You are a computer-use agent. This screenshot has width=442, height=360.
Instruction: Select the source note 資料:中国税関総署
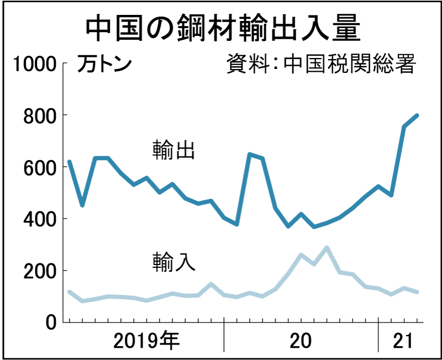click(x=320, y=64)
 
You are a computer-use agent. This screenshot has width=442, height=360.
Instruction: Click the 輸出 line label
click(x=173, y=150)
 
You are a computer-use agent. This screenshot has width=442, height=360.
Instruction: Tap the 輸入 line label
click(x=173, y=261)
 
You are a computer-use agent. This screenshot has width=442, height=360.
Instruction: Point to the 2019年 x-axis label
click(x=146, y=342)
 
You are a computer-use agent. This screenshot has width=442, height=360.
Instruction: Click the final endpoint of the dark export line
click(x=417, y=115)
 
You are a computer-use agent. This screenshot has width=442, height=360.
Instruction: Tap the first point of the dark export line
click(x=69, y=162)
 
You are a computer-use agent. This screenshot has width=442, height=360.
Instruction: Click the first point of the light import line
click(x=69, y=292)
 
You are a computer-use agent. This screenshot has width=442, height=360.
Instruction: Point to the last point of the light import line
click(x=417, y=292)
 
